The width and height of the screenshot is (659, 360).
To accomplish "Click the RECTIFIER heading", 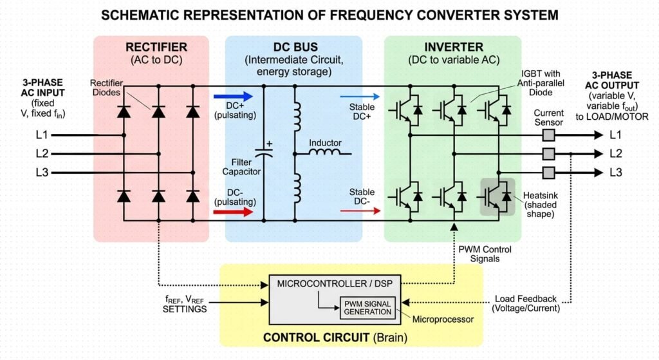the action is click(x=156, y=47).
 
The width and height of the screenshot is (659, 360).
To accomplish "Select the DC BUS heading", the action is click(x=295, y=47).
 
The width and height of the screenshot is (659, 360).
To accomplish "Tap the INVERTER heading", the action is click(x=454, y=47).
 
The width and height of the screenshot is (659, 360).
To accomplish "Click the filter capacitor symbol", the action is click(x=264, y=152).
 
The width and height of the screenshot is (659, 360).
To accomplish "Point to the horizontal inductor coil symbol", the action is click(x=325, y=152).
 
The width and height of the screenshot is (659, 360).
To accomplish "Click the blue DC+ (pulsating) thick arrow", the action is click(x=233, y=97).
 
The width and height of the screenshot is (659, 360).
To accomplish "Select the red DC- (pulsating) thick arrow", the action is click(x=233, y=212).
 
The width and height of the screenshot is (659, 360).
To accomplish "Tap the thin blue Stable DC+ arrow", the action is click(x=360, y=97).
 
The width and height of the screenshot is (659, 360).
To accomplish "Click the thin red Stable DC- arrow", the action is click(x=360, y=211).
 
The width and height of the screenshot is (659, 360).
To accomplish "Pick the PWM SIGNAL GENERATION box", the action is click(x=367, y=308).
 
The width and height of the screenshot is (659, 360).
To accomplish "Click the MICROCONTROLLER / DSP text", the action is click(x=335, y=284).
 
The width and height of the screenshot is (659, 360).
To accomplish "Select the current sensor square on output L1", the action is click(x=548, y=135).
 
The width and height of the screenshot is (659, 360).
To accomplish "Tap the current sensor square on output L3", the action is click(x=548, y=173).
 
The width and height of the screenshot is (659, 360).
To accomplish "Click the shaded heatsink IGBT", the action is click(x=497, y=197).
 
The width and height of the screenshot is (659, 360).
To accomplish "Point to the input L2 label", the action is click(x=42, y=153).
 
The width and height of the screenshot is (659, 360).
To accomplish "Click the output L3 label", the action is click(x=616, y=173).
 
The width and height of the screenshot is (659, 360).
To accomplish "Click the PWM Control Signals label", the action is click(x=485, y=254).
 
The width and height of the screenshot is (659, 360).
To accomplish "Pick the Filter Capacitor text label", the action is click(x=241, y=167).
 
